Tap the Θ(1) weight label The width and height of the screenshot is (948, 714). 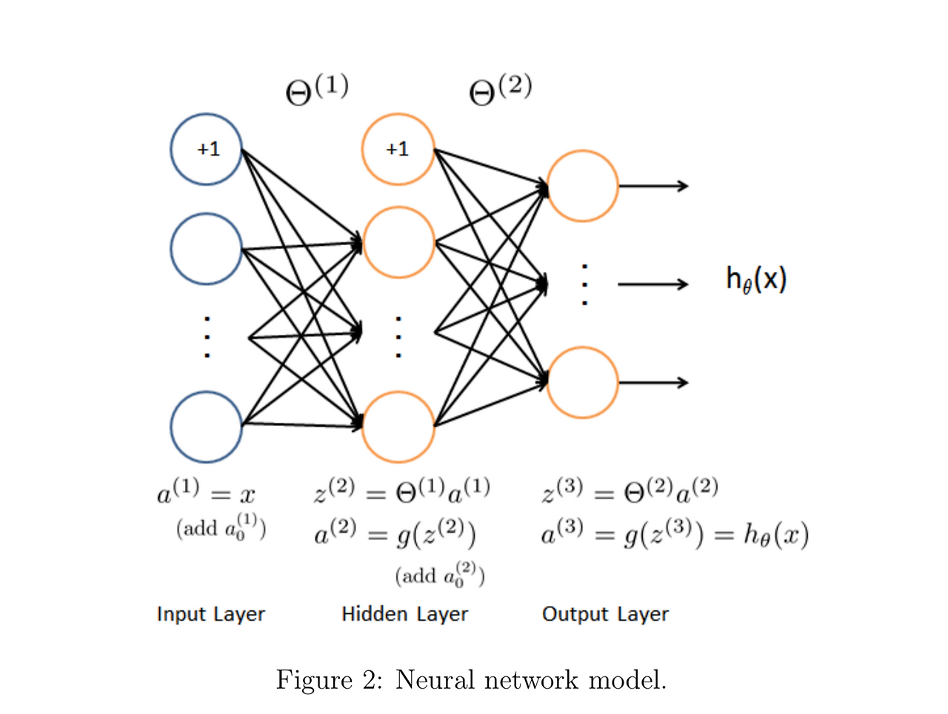tap(316, 90)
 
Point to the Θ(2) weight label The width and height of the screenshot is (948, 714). tap(500, 90)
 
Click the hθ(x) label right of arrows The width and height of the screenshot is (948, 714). tap(756, 279)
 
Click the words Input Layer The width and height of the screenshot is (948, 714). tap(211, 614)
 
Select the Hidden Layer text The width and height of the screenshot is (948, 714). tap(404, 614)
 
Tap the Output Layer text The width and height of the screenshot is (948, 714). tap(605, 614)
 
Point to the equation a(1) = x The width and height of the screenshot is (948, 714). tap(206, 491)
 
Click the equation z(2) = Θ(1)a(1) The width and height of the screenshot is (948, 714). tap(401, 491)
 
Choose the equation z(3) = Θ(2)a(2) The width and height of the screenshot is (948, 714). tap(630, 491)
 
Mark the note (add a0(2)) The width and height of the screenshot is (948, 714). tap(440, 575)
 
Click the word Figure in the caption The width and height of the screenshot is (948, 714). tap(314, 681)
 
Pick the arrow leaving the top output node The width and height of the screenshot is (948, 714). tap(653, 186)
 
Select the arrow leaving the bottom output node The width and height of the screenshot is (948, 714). tap(653, 382)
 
